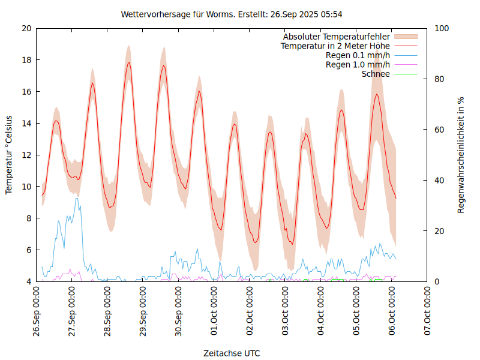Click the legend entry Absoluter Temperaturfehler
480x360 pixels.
[x=337, y=37]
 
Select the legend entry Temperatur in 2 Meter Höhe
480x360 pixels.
[x=335, y=46]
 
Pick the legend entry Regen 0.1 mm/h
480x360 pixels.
[x=358, y=55]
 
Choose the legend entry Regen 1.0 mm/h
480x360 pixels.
[x=358, y=64]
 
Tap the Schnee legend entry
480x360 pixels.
[x=376, y=74]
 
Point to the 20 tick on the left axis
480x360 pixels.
[x=26, y=28]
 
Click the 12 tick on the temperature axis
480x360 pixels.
[x=26, y=155]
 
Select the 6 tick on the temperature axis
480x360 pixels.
[x=28, y=250]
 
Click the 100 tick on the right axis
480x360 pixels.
[x=442, y=28]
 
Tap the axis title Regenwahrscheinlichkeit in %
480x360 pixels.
[x=461, y=155]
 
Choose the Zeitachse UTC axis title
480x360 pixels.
[x=232, y=353]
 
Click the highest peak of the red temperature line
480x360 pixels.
[x=128, y=62]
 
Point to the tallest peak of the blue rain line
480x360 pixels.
[x=76, y=198]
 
